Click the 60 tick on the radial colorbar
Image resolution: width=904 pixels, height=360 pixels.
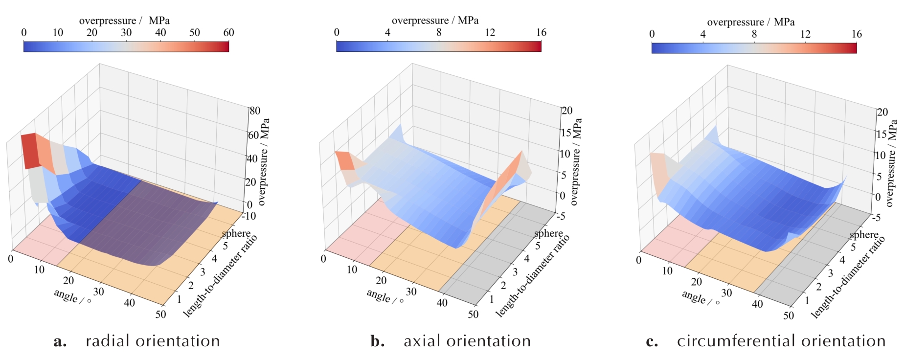click(x=228, y=33)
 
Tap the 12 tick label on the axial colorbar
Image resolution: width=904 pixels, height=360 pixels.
click(x=490, y=33)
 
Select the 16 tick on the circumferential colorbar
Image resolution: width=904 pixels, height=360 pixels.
click(x=856, y=34)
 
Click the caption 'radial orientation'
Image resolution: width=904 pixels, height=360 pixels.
click(x=153, y=341)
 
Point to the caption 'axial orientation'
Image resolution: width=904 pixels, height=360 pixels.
click(x=467, y=341)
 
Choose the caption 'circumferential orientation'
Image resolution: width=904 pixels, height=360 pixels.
click(x=781, y=341)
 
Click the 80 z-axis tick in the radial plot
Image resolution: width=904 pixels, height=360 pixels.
click(x=255, y=111)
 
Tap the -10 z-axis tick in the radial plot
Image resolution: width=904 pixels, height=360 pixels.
click(x=249, y=216)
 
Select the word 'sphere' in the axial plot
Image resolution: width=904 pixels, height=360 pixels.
click(x=548, y=233)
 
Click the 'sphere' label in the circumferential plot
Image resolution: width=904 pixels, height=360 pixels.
click(x=864, y=235)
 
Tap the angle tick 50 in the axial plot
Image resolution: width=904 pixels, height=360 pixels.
click(x=473, y=314)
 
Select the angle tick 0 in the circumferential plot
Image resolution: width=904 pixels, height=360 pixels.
click(x=638, y=260)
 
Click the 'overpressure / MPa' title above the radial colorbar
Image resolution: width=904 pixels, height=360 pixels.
click(x=124, y=21)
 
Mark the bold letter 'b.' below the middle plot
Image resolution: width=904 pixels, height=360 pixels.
click(x=377, y=341)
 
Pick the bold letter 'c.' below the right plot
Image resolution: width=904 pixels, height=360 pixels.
click(x=652, y=341)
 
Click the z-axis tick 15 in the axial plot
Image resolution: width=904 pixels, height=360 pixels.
click(x=566, y=132)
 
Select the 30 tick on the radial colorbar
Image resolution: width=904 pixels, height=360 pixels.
click(x=126, y=33)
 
